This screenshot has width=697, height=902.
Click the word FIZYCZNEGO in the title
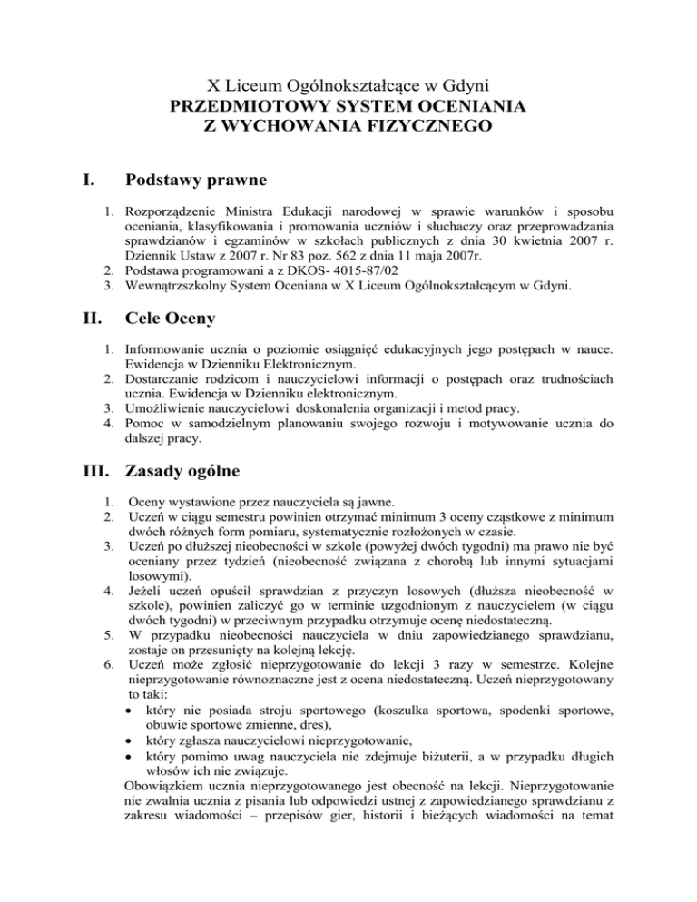click(x=426, y=127)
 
